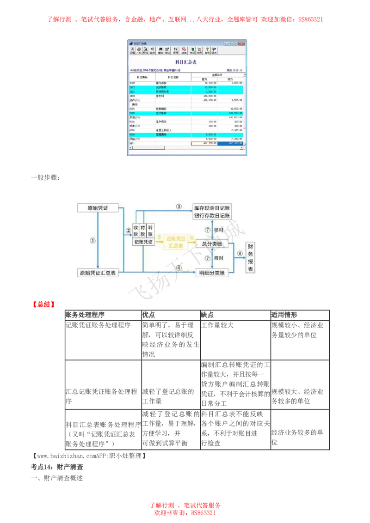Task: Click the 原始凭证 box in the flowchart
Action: tap(97, 208)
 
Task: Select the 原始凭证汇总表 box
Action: tap(97, 273)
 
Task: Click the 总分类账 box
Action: tap(213, 243)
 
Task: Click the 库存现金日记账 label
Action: tap(212, 208)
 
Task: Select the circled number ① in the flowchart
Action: tap(92, 240)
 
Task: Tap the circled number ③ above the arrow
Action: tap(179, 206)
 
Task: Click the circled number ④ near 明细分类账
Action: tap(179, 268)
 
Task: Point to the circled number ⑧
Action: tap(240, 253)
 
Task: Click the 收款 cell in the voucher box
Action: tap(136, 231)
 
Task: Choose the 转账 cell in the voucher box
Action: tap(151, 231)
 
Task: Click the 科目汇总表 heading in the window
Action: tap(186, 62)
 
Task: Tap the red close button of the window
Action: tap(242, 43)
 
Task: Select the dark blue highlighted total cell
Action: tap(230, 144)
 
